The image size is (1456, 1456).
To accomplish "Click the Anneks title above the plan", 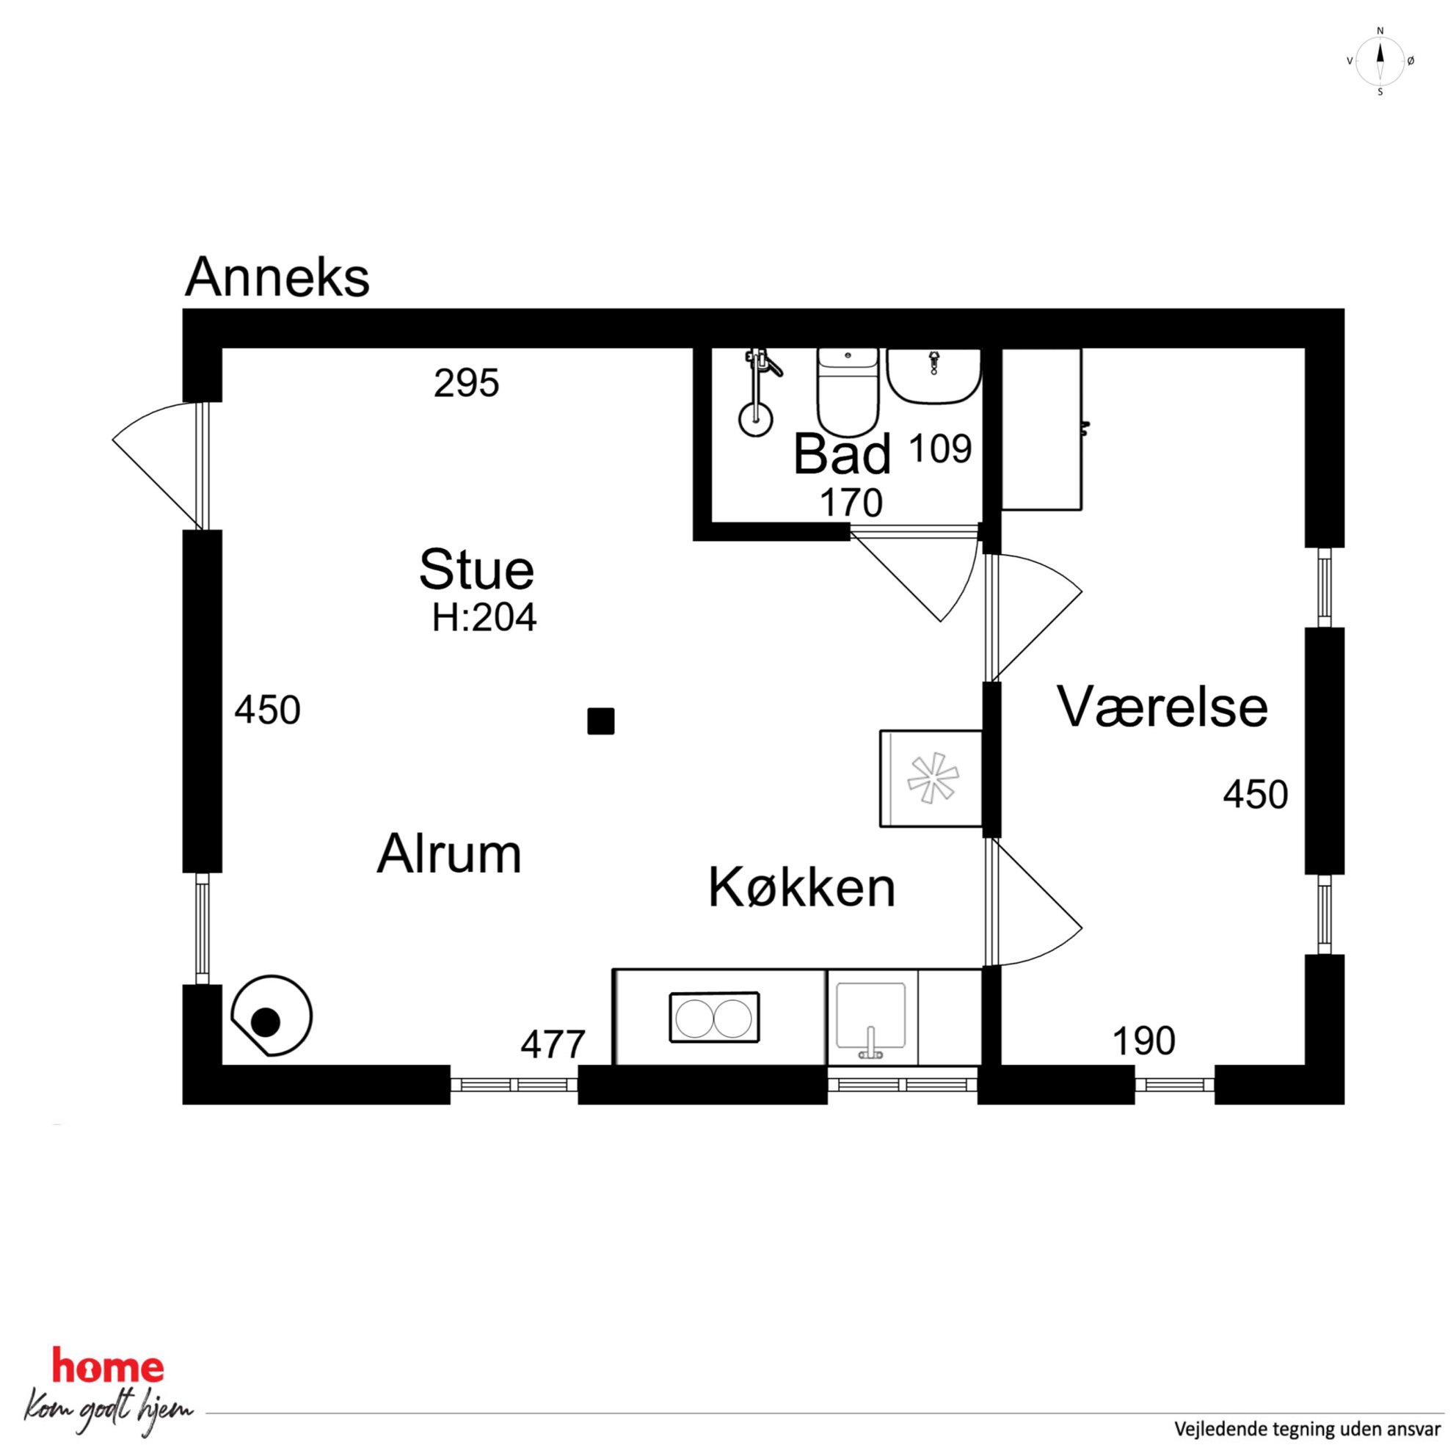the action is point(277,277).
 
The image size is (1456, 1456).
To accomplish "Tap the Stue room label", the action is point(476,569).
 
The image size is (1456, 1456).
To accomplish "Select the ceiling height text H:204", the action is point(484,618).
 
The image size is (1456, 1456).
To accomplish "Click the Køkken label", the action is point(802,887).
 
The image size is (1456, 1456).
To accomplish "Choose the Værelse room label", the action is point(1162,706).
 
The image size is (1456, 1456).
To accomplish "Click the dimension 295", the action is point(467,383).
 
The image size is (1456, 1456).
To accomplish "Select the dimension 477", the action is point(553,1044).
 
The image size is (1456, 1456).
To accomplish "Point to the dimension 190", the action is point(1143,1041).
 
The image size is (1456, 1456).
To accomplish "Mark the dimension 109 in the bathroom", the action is point(941,449).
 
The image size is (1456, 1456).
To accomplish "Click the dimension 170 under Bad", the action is point(851,503).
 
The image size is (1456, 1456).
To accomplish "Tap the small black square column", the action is point(600,721).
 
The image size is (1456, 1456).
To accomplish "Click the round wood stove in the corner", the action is point(272,1015).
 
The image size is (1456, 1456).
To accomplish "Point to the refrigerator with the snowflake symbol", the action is point(931,779).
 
